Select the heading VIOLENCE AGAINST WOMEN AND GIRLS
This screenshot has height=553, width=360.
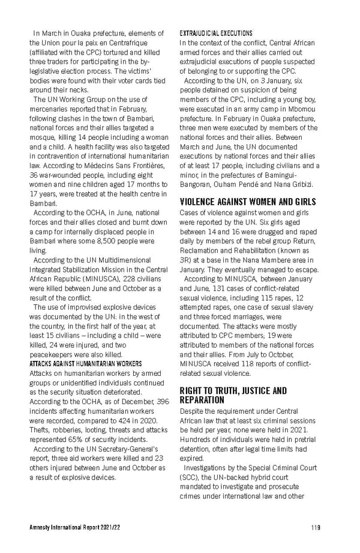(x=248, y=202)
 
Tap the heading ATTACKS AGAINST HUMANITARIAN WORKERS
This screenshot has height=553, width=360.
(x=85, y=363)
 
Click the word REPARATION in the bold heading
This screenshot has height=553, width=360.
(x=202, y=399)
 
